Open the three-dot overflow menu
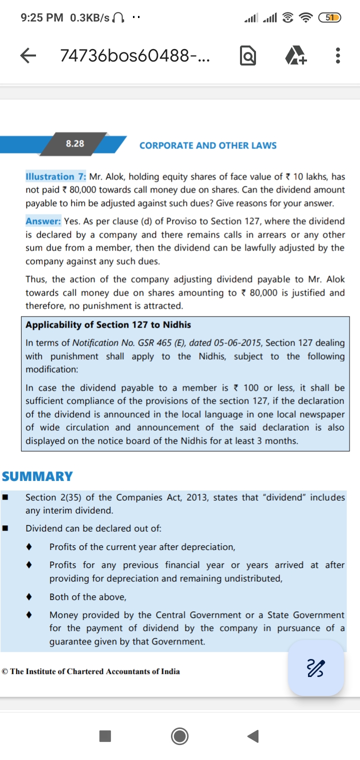click(338, 56)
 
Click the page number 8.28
click(75, 143)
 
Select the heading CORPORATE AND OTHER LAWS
click(208, 145)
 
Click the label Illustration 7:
click(56, 176)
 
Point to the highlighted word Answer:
click(43, 221)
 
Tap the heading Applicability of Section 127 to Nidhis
click(108, 325)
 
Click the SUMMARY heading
click(37, 476)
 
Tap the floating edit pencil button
click(315, 667)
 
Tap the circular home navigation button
click(179, 736)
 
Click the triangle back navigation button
click(253, 736)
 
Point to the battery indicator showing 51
click(329, 18)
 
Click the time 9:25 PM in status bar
click(42, 18)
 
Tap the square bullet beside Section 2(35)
click(5, 497)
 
